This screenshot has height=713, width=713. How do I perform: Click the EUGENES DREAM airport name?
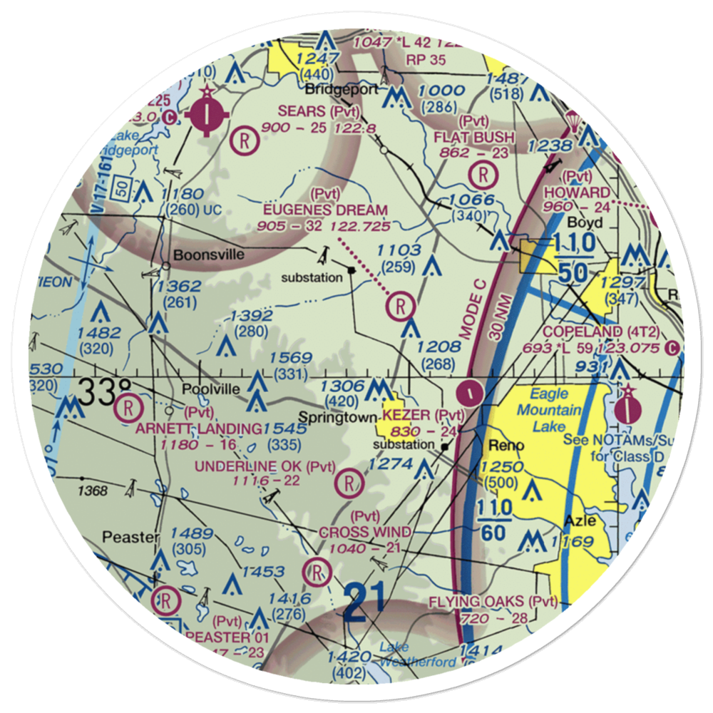[325, 210]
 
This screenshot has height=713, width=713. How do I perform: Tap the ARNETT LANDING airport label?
[199, 429]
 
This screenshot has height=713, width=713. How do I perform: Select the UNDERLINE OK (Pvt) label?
[265, 467]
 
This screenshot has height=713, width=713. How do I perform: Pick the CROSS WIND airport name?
[364, 533]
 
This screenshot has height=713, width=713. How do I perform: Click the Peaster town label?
[128, 536]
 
